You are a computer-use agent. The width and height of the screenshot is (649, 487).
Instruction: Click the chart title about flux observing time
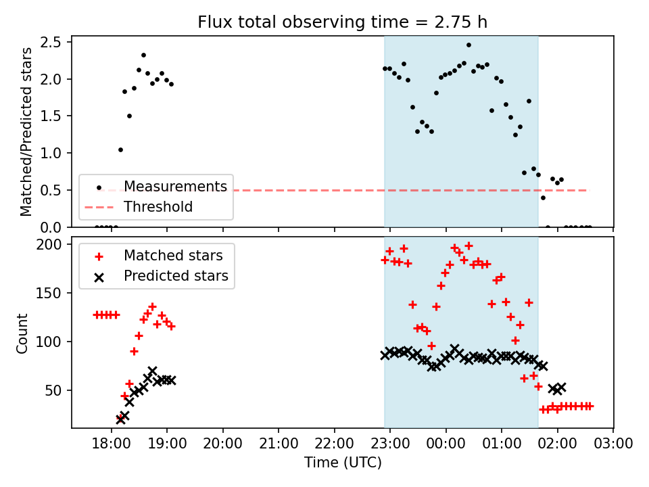click(342, 22)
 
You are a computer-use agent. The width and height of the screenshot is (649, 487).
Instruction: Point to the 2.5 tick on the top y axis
click(51, 42)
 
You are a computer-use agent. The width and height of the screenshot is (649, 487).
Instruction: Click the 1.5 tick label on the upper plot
click(51, 116)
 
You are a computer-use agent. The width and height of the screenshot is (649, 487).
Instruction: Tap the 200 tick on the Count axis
click(49, 244)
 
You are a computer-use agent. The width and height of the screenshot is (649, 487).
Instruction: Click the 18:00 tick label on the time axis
click(112, 444)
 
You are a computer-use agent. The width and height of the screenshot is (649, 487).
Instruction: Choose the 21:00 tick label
click(279, 444)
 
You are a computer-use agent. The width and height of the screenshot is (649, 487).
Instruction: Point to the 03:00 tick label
click(613, 444)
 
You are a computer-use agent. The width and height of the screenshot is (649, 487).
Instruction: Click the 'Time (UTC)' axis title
click(343, 462)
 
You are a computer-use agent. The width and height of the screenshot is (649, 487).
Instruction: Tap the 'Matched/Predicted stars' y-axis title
click(26, 132)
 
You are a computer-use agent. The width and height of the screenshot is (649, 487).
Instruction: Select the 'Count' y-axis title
click(22, 333)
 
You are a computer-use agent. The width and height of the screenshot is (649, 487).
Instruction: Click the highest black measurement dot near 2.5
click(468, 45)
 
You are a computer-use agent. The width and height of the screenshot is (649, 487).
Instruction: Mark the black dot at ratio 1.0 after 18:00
click(120, 150)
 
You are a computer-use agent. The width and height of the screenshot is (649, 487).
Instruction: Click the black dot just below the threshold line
click(543, 198)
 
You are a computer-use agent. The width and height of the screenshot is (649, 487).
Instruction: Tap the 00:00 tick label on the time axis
click(446, 444)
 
